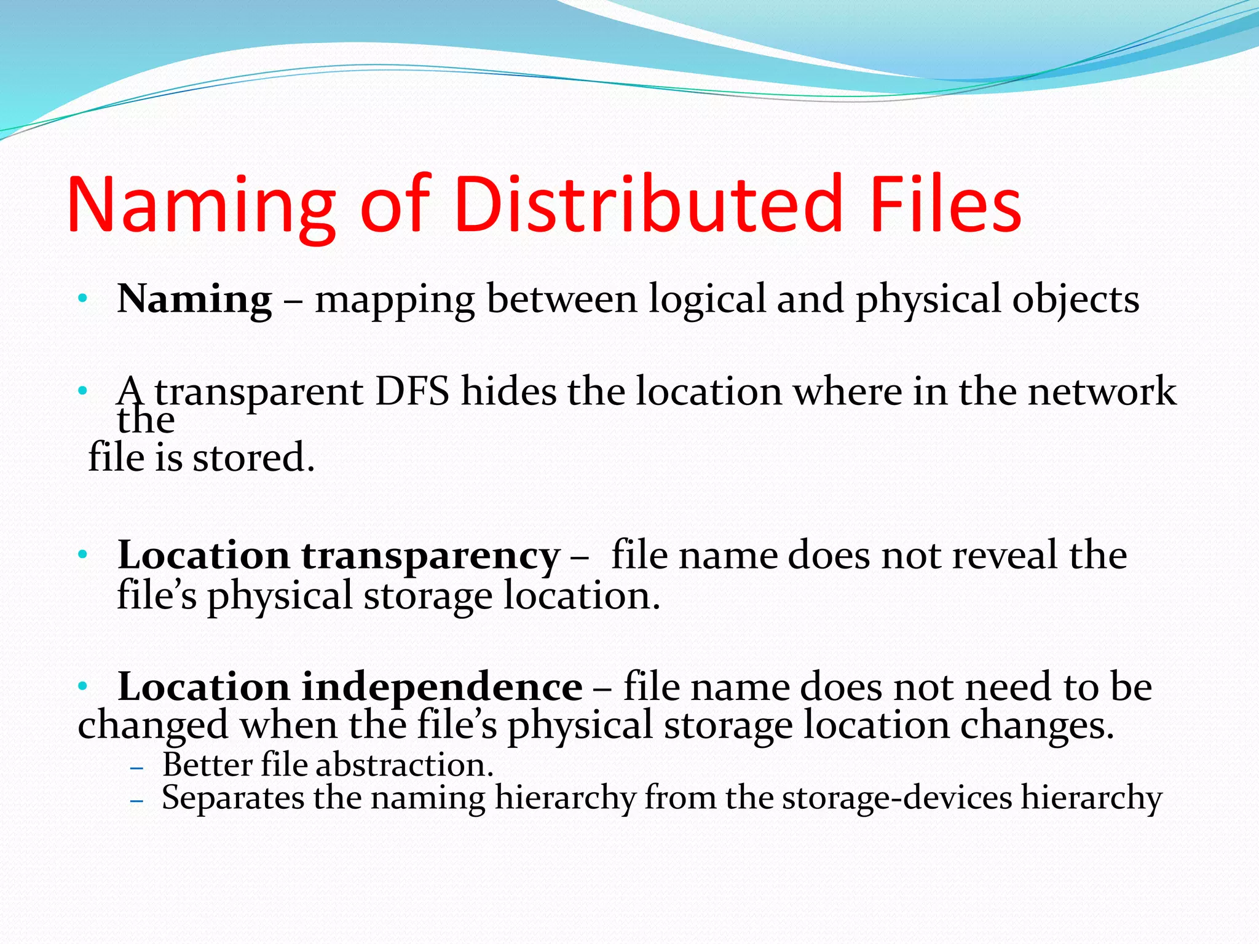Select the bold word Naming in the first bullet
(x=194, y=299)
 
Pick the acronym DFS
(x=412, y=391)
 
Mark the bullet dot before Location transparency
(x=82, y=556)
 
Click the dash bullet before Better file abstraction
(x=137, y=768)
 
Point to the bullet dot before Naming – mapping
(x=82, y=300)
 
